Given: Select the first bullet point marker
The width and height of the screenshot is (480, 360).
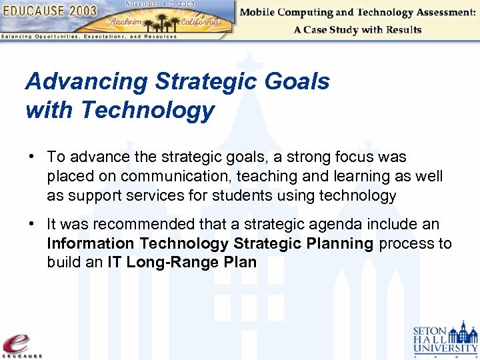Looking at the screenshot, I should (31, 157).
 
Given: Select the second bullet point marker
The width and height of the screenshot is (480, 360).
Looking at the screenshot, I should (31, 225).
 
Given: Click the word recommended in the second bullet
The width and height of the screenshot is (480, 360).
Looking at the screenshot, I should (139, 225).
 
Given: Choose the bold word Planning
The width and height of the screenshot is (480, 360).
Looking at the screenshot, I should (340, 243).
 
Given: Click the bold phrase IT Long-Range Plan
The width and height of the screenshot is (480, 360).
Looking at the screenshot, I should (182, 262).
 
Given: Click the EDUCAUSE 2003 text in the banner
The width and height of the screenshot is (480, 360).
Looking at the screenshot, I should (50, 11).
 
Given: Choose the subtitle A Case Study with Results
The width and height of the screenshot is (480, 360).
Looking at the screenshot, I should (357, 30).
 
